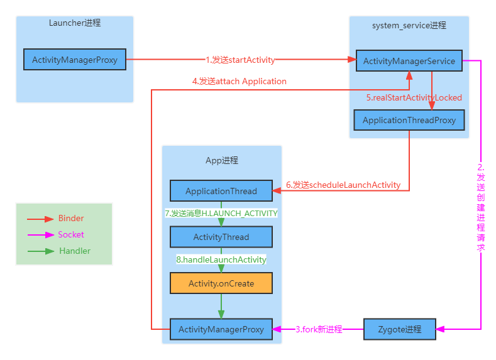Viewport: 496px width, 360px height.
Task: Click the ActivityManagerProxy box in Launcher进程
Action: click(x=75, y=60)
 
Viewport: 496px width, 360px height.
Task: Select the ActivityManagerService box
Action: click(x=409, y=61)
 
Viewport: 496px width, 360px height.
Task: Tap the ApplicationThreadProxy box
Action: click(x=409, y=120)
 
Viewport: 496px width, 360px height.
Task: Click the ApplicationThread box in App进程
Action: click(x=221, y=191)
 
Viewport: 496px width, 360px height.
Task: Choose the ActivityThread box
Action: click(x=221, y=237)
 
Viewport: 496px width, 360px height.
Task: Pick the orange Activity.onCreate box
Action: click(x=221, y=283)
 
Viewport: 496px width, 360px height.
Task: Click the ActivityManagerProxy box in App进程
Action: click(x=221, y=329)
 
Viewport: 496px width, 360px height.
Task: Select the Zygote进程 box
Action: click(x=400, y=329)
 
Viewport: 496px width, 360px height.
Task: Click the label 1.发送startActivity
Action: click(x=240, y=60)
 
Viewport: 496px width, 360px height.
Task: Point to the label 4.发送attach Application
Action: click(x=239, y=81)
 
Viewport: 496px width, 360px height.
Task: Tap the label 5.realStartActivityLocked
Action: click(x=414, y=97)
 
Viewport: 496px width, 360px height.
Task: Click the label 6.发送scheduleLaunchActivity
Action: click(x=343, y=185)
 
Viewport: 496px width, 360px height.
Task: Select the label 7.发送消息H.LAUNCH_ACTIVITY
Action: click(x=221, y=214)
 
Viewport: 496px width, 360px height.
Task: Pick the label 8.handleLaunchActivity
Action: click(x=221, y=259)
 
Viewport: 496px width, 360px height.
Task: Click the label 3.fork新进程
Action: click(x=319, y=329)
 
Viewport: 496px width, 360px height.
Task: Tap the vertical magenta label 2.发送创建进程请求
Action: click(x=481, y=207)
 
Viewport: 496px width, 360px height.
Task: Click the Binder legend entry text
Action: click(x=71, y=219)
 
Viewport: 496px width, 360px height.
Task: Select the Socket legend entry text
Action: click(x=71, y=234)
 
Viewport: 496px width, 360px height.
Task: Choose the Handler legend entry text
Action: click(x=75, y=251)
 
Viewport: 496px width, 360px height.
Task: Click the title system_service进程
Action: click(x=409, y=25)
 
